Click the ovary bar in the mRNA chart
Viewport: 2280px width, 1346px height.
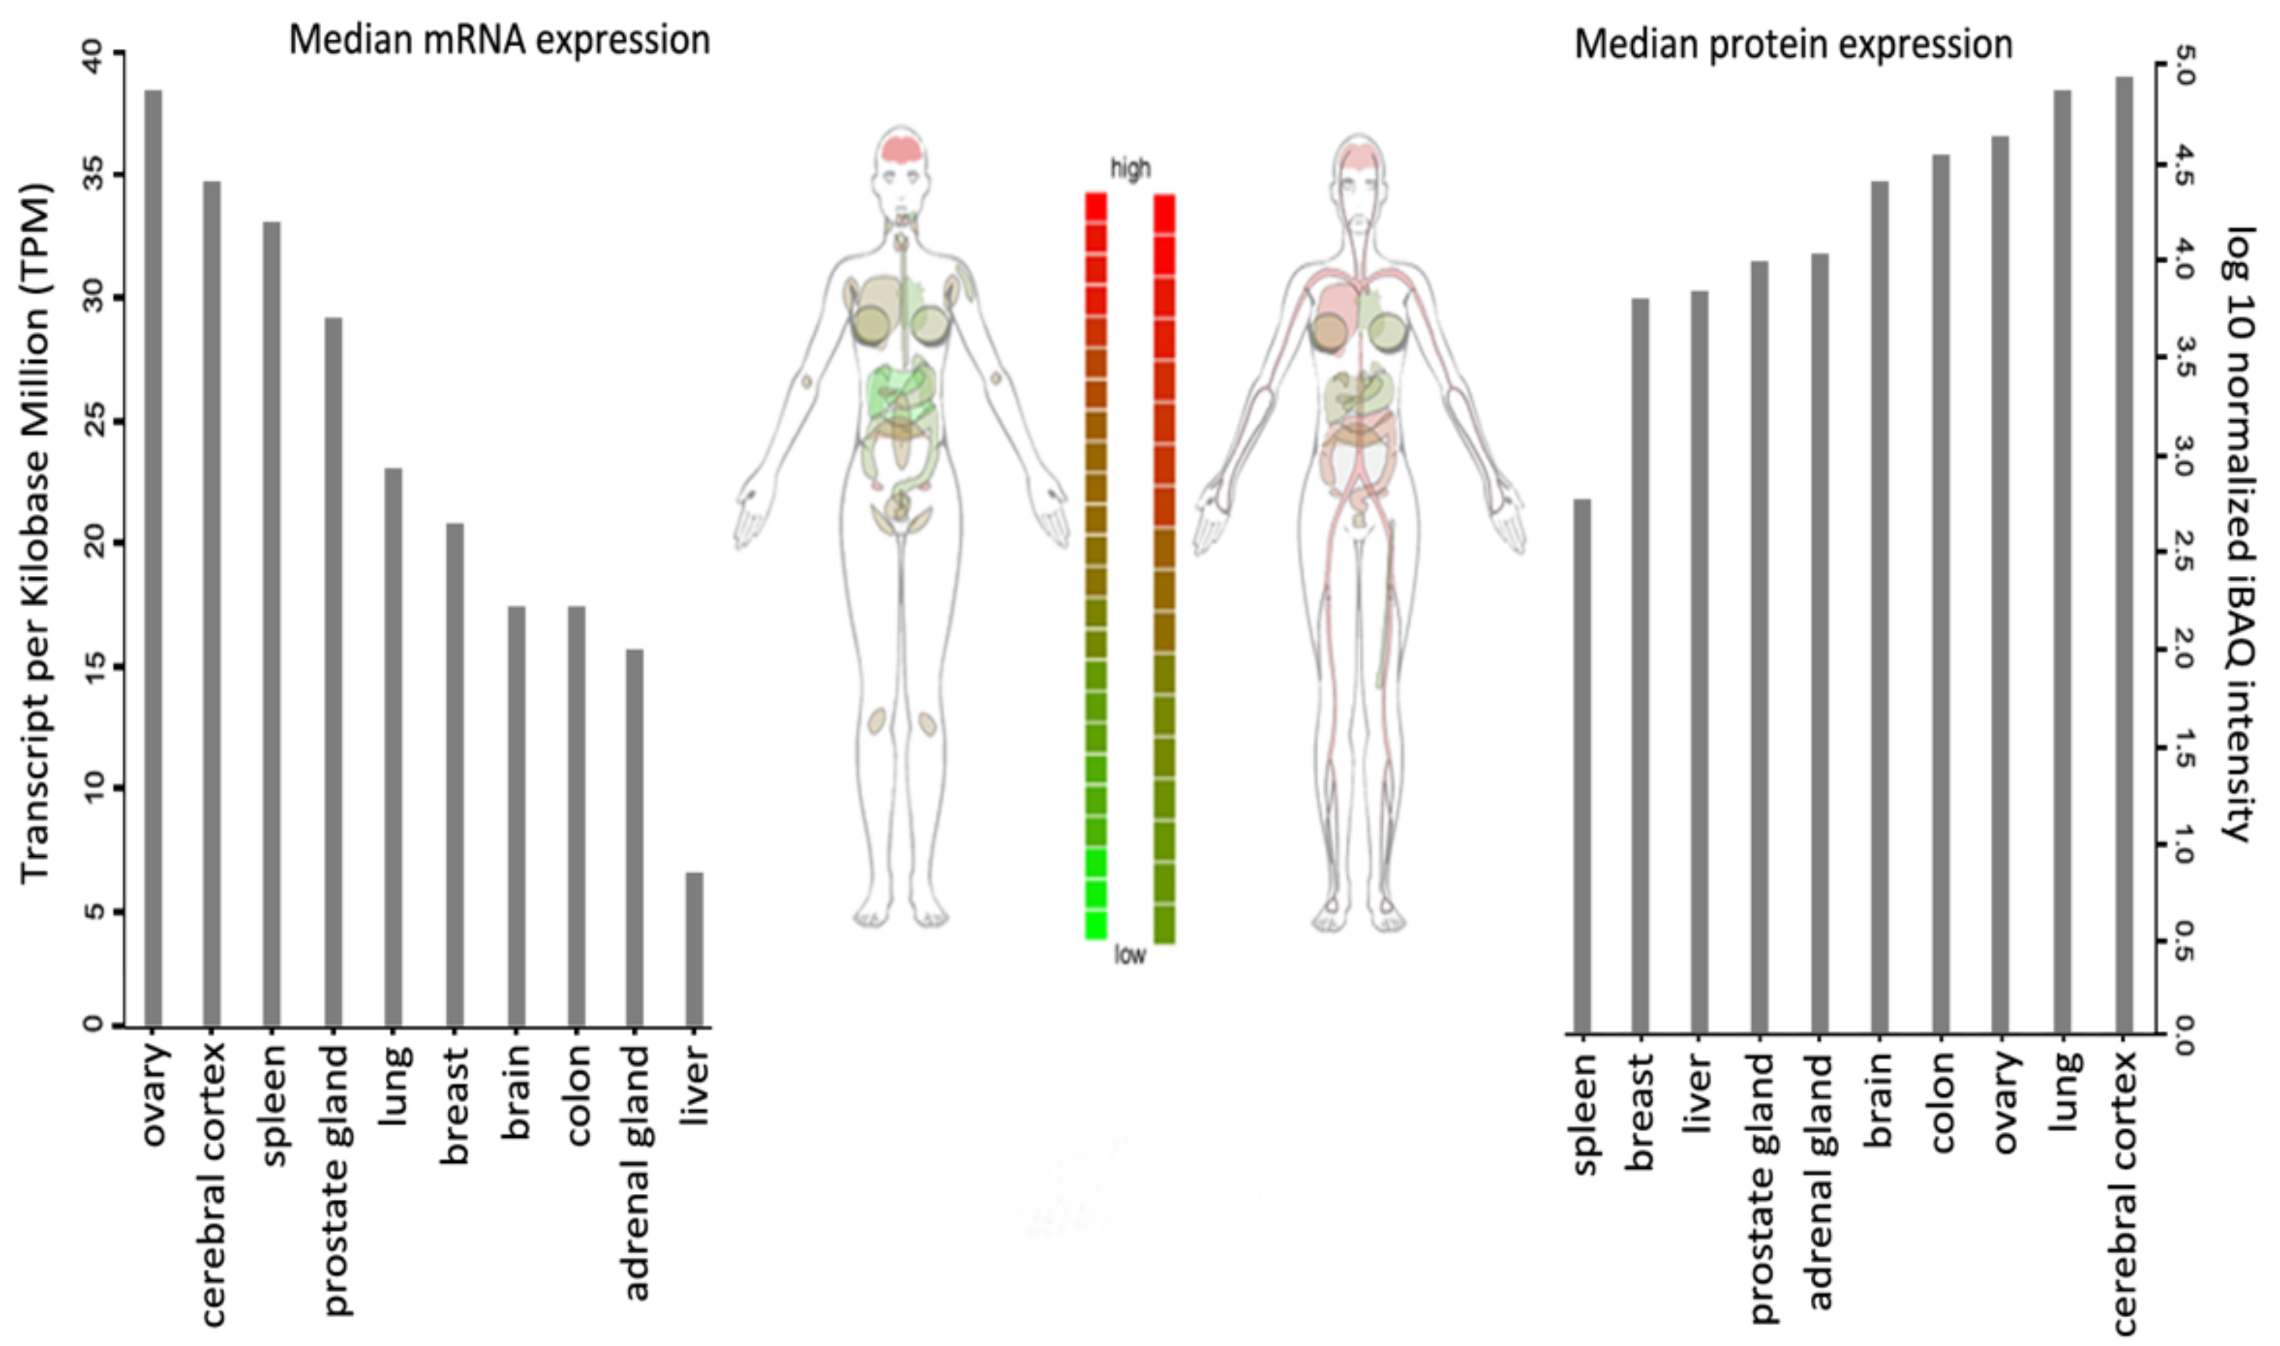[x=153, y=557]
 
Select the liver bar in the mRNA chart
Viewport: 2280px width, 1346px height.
[x=694, y=949]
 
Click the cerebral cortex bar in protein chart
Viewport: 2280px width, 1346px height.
[x=2124, y=553]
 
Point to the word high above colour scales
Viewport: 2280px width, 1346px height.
[x=1130, y=169]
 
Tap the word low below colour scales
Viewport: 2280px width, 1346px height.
[x=1130, y=955]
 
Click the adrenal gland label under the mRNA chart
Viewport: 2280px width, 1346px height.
[x=637, y=1173]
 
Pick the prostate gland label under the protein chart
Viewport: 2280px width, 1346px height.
[x=1761, y=1188]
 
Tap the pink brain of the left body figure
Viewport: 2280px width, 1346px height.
[x=901, y=150]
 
